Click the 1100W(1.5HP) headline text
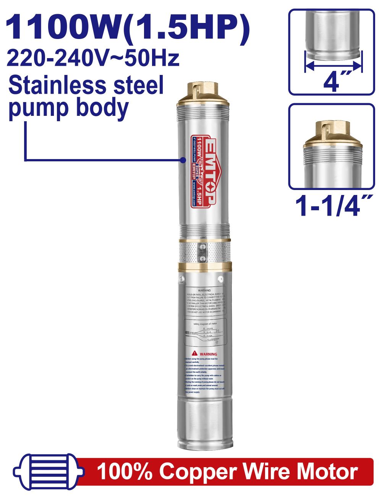pyautogui.click(x=128, y=28)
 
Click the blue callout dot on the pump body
pyautogui.click(x=183, y=160)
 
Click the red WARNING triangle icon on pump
pyautogui.click(x=194, y=354)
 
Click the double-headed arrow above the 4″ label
pyautogui.click(x=333, y=66)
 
